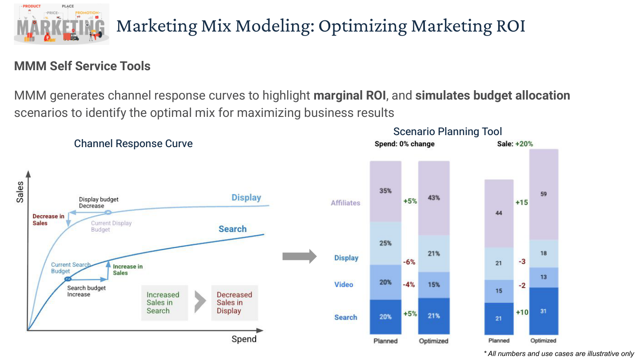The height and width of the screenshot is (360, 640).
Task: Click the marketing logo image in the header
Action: [x=61, y=24]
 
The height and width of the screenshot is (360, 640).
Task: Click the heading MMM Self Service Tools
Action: [x=82, y=66]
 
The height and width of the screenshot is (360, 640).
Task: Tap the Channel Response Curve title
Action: [x=133, y=144]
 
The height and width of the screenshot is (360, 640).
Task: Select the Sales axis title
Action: [x=20, y=192]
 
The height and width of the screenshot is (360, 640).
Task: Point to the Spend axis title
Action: [x=244, y=339]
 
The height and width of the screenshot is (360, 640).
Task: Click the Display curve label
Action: [x=246, y=197]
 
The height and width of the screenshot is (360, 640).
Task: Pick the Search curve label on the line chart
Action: [x=232, y=229]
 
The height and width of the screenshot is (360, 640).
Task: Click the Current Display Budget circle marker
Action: [x=108, y=212]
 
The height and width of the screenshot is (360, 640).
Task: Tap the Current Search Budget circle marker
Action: [x=68, y=279]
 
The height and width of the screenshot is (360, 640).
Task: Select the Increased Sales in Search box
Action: [x=164, y=303]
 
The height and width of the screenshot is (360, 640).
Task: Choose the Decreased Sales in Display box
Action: [x=235, y=303]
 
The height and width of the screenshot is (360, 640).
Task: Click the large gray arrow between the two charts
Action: [x=300, y=256]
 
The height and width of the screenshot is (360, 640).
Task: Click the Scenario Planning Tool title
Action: [x=448, y=132]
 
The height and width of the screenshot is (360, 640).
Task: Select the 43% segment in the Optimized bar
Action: [x=434, y=198]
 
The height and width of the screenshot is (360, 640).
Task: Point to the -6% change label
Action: [x=409, y=262]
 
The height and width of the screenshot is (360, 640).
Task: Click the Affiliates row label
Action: [x=345, y=203]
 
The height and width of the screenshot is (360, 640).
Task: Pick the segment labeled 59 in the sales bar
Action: [x=544, y=194]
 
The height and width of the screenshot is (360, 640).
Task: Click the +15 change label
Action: [x=522, y=203]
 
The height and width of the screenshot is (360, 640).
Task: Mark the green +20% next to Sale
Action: [x=524, y=144]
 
